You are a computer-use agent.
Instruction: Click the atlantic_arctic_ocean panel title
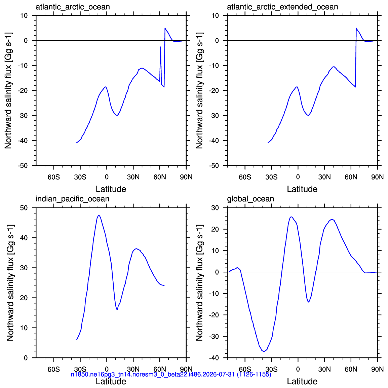73,7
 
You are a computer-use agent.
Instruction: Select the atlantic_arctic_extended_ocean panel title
282,7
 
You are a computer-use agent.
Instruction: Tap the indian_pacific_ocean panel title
72,199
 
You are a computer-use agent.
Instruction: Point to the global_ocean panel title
250,199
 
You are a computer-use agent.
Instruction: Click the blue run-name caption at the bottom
171,374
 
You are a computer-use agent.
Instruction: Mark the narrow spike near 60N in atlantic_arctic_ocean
161,47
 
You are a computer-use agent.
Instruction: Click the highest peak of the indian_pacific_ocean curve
99,215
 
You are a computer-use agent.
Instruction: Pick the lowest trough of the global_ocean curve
264,351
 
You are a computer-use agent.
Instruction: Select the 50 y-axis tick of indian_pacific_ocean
24,208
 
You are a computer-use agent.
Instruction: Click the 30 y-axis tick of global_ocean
215,208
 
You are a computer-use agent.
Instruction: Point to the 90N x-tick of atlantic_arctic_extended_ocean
377,177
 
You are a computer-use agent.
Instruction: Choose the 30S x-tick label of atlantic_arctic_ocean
80,177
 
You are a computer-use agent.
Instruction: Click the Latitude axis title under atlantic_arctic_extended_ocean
302,189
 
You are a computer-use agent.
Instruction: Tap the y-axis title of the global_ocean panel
199,282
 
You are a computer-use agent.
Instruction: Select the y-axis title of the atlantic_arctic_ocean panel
8,90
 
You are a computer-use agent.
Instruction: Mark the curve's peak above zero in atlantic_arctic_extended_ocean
356,28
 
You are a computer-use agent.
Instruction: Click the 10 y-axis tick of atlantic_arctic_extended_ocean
215,15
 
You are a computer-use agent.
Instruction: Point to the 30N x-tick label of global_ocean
324,369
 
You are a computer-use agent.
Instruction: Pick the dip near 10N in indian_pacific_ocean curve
117,310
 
